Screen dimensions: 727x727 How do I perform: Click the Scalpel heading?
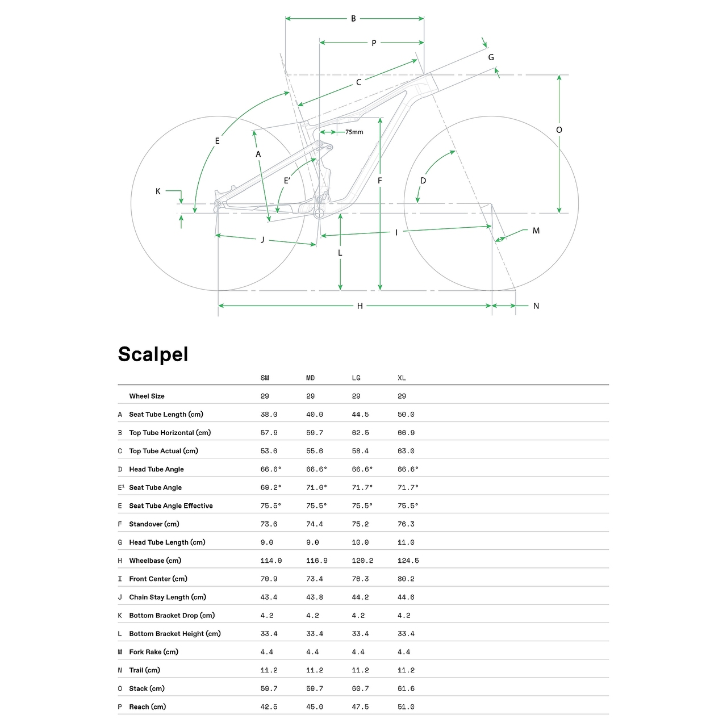point(153,354)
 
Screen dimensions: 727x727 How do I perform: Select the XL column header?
point(402,378)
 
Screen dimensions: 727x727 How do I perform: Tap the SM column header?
point(265,378)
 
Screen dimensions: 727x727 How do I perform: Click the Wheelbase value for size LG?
point(362,561)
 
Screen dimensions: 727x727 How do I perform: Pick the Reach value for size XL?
point(406,707)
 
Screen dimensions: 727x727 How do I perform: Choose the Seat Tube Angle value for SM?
point(271,487)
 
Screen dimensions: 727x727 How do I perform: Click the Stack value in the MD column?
point(315,688)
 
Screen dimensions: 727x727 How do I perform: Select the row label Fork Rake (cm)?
point(153,652)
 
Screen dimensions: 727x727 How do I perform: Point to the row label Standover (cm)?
point(154,524)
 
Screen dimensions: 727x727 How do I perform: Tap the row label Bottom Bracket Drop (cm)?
point(172,616)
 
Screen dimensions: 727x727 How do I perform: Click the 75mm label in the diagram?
point(354,132)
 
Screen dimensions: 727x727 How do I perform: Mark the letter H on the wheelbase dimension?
point(360,306)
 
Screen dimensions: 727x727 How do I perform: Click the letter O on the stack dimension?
point(559,130)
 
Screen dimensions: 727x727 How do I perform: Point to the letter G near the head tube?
point(491,57)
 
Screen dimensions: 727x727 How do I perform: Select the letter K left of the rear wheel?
point(158,191)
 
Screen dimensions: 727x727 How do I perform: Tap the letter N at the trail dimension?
point(536,306)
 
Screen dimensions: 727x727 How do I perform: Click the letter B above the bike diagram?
point(353,19)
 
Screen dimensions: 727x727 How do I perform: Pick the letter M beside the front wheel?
point(536,231)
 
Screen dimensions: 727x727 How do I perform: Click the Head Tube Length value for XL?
point(406,542)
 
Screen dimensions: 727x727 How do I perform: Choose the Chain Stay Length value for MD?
point(315,597)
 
